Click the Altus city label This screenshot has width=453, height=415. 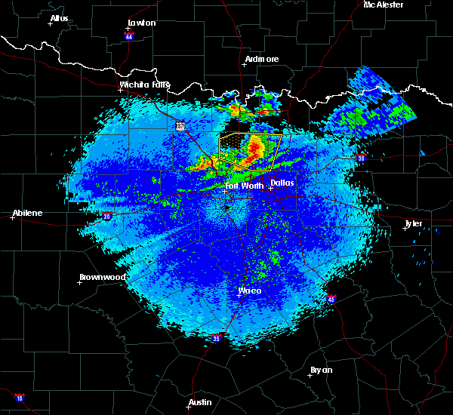click(x=59, y=18)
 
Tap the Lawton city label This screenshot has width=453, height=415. click(x=141, y=23)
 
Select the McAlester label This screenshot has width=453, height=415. click(x=384, y=5)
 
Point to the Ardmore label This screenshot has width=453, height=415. click(x=262, y=59)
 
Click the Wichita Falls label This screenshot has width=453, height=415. click(x=145, y=85)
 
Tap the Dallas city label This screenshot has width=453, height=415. click(x=282, y=183)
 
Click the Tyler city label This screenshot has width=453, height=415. click(x=414, y=223)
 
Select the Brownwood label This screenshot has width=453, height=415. click(x=102, y=277)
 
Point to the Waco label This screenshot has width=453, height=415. click(x=250, y=290)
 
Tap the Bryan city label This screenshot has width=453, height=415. click(x=321, y=370)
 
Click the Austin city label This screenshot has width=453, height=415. click(x=200, y=402)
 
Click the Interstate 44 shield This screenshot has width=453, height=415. click(x=128, y=35)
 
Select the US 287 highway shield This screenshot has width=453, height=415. click(x=180, y=126)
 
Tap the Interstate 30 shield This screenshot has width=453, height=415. click(x=361, y=158)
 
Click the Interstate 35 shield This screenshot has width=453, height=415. click(x=217, y=338)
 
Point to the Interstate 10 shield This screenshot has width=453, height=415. click(x=19, y=398)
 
